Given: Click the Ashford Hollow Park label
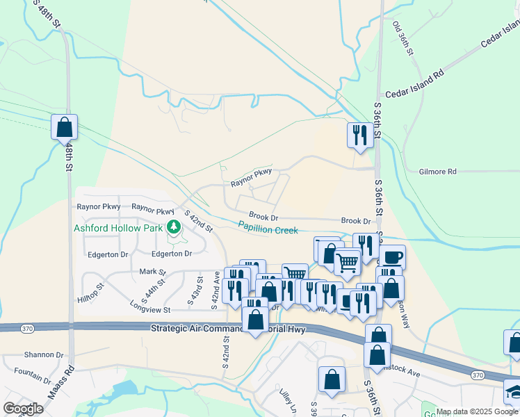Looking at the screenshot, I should coord(118,228).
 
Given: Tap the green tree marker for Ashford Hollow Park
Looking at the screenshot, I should coord(173,227).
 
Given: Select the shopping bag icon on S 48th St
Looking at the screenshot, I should coord(65,127).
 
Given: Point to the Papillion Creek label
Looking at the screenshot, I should coord(268,227).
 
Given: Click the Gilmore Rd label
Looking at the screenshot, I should coord(438,172).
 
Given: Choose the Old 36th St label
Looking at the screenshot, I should coord(403,38).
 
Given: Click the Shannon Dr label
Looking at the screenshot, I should coord(44,354).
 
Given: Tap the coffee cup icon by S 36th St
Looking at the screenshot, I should coord(392,256).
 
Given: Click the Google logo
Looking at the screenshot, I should coord(22,409).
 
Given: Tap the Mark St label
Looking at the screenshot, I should coord(153,272).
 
